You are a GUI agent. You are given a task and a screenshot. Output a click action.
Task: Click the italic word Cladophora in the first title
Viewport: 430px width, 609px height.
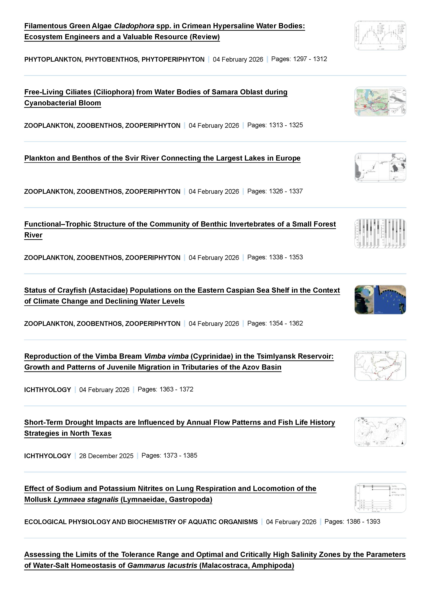134,26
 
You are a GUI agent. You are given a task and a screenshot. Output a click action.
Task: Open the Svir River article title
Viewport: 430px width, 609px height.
162,158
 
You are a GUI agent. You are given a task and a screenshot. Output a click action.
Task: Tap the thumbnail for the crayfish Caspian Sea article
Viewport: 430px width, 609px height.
380,300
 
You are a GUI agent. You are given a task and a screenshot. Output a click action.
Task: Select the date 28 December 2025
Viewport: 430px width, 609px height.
106,456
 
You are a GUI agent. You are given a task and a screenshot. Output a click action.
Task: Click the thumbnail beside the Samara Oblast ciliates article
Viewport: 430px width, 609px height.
380,102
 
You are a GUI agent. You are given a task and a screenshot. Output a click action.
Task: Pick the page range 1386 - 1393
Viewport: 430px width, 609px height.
363,522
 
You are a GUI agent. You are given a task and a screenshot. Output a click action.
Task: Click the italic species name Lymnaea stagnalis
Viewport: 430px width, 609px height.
86,499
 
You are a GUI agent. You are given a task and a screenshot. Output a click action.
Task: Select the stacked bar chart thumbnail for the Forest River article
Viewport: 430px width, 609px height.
380,234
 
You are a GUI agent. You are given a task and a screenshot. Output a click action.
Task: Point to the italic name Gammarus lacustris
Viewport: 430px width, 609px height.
162,565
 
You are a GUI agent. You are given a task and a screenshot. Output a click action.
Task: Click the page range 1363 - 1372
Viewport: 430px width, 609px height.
176,389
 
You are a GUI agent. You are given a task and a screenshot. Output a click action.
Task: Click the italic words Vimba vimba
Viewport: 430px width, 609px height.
166,356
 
